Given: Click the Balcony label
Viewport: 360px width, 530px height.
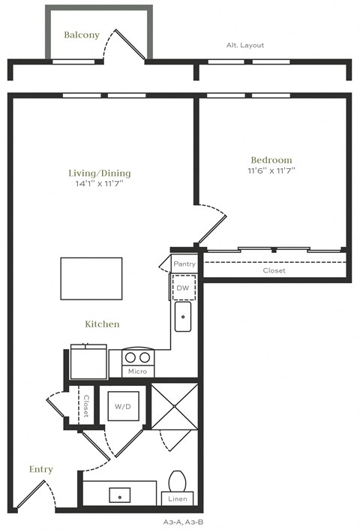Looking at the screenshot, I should click(x=82, y=35).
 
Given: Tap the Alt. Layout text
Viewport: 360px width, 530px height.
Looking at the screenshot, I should click(x=245, y=45).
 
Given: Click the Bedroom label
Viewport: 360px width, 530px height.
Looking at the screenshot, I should click(x=271, y=159).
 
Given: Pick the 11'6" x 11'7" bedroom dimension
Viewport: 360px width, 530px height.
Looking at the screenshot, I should click(x=271, y=170).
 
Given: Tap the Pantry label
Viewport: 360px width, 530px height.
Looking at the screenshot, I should click(x=184, y=264).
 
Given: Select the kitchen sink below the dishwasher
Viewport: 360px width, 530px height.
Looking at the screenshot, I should click(x=183, y=317).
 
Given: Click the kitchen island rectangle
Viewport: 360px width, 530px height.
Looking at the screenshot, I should click(x=91, y=279).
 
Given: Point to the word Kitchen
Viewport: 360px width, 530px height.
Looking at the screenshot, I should click(x=102, y=324).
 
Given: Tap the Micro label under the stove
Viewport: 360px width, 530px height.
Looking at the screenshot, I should click(x=136, y=372).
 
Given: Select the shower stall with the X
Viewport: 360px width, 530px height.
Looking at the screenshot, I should click(x=175, y=406).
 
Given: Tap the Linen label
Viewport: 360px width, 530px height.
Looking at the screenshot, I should click(x=178, y=498).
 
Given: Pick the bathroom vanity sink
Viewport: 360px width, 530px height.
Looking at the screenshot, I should click(x=119, y=495).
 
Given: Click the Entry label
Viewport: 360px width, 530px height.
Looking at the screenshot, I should click(x=41, y=469).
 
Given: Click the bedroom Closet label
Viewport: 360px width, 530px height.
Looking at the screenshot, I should click(x=274, y=270).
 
